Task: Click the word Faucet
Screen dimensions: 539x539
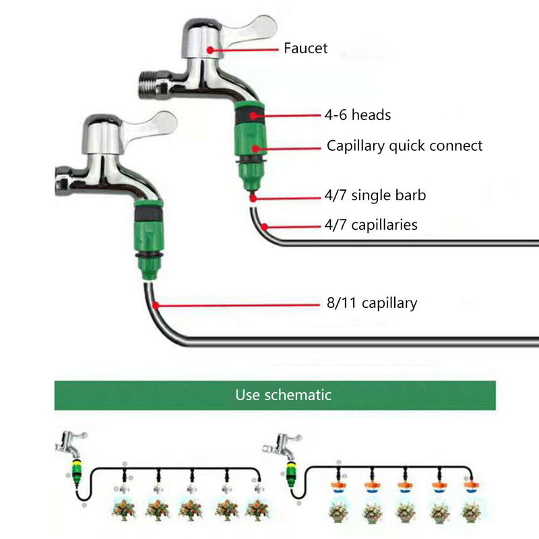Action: (305, 48)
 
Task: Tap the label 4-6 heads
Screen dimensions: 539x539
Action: (357, 115)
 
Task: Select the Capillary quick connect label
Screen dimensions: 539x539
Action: (404, 146)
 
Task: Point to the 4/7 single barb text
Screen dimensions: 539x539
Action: (375, 196)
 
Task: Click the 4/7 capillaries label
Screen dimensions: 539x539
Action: (371, 225)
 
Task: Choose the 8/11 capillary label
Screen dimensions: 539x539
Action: (371, 303)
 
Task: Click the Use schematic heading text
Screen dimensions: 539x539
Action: (283, 395)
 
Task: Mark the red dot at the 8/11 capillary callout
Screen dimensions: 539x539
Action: (157, 305)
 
